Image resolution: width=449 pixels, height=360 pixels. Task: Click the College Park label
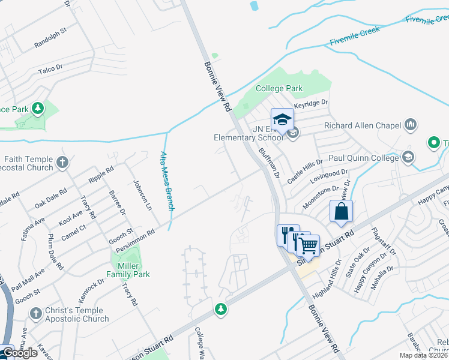(x=279, y=88)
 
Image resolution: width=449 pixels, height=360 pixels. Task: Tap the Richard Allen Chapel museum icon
(x=411, y=125)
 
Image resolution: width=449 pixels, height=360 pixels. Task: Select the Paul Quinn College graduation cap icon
(x=408, y=158)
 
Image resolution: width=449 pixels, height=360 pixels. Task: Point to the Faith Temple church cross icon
(x=62, y=162)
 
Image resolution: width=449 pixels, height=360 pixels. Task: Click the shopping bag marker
(x=341, y=212)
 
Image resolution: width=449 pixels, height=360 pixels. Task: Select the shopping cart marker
(x=308, y=244)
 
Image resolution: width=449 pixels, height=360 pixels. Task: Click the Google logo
(x=20, y=353)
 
